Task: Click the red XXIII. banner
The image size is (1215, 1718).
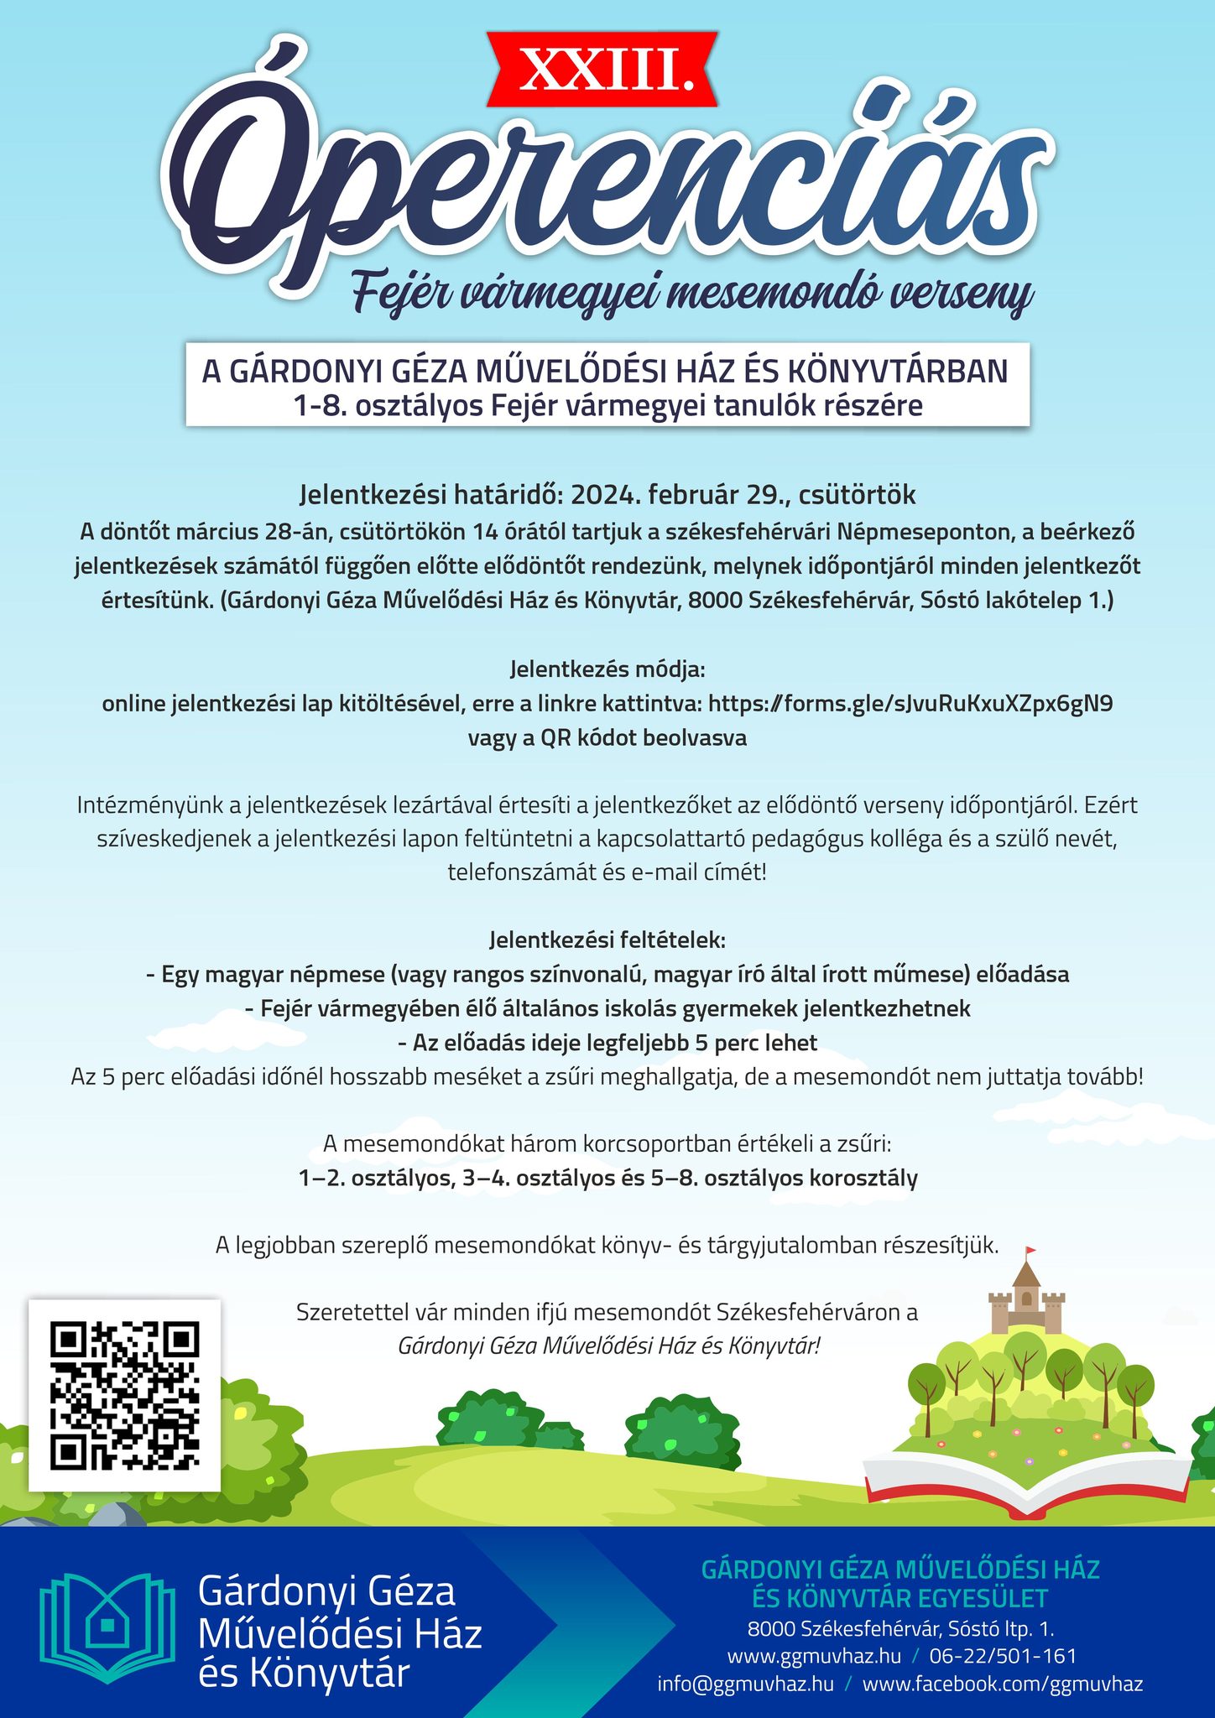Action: click(607, 70)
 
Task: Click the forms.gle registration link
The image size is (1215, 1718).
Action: click(910, 703)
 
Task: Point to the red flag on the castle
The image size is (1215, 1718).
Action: click(1031, 1252)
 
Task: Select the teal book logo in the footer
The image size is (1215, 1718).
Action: click(108, 1628)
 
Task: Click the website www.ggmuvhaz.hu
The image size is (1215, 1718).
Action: click(814, 1656)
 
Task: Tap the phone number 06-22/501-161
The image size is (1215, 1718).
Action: click(1003, 1656)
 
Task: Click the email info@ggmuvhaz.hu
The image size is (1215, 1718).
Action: click(746, 1684)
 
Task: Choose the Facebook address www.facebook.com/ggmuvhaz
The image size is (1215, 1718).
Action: click(1003, 1684)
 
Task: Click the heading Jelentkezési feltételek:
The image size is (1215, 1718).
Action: click(607, 940)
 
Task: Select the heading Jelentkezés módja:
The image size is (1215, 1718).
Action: click(607, 670)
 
